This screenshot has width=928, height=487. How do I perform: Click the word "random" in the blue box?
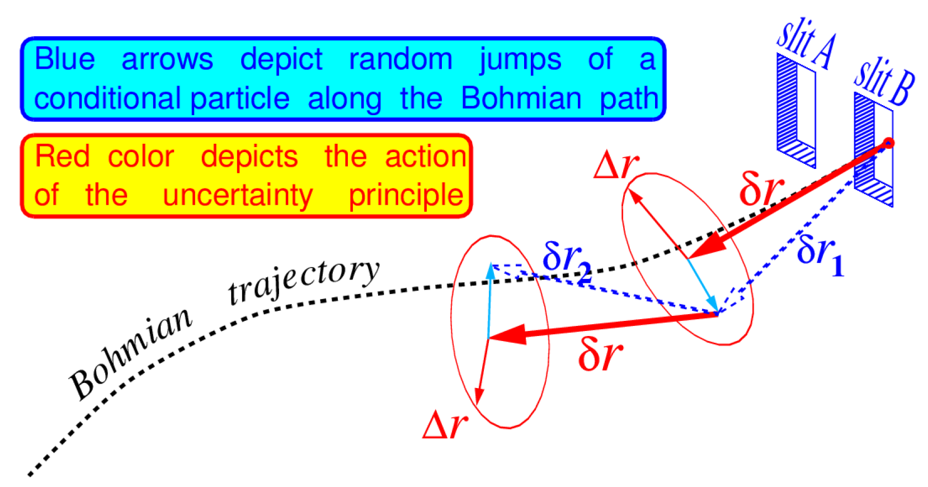[x=400, y=59]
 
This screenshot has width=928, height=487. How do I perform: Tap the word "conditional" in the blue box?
[x=107, y=98]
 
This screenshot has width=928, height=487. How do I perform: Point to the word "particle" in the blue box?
[x=240, y=98]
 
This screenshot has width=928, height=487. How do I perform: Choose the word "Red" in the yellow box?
[x=62, y=156]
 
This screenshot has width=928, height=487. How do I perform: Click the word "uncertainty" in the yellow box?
[x=238, y=196]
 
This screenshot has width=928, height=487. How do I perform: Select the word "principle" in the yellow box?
[x=406, y=196]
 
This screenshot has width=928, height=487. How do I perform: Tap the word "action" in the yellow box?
[x=425, y=156]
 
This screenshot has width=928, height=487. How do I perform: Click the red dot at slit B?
[x=888, y=143]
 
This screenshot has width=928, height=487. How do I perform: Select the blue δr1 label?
[x=820, y=254]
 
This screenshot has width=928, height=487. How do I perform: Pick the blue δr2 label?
[x=567, y=261]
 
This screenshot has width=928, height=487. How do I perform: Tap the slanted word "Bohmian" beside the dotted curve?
[x=130, y=352]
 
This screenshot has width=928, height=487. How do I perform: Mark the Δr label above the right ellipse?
[x=616, y=165]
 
